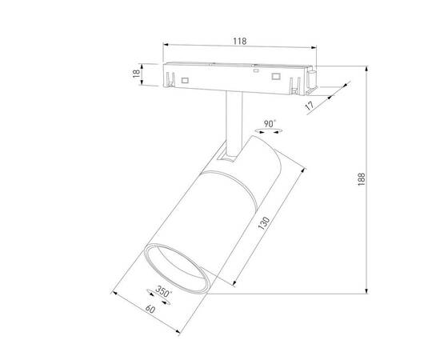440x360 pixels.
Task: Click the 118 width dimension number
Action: [239, 39]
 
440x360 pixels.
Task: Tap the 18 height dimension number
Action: [136, 74]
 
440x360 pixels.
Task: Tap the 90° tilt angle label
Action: [270, 122]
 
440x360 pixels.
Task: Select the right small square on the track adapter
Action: [278, 77]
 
